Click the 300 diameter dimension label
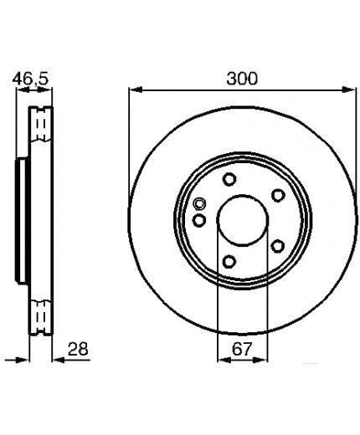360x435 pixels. click(x=242, y=79)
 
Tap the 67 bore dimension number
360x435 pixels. click(x=242, y=349)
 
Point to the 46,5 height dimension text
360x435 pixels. click(x=31, y=79)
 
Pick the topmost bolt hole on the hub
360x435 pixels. click(x=229, y=179)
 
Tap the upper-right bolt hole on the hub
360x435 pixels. click(x=278, y=195)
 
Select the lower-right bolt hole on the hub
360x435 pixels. click(x=278, y=246)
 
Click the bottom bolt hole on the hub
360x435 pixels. click(x=229, y=262)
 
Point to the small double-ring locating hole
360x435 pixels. click(x=199, y=204)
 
